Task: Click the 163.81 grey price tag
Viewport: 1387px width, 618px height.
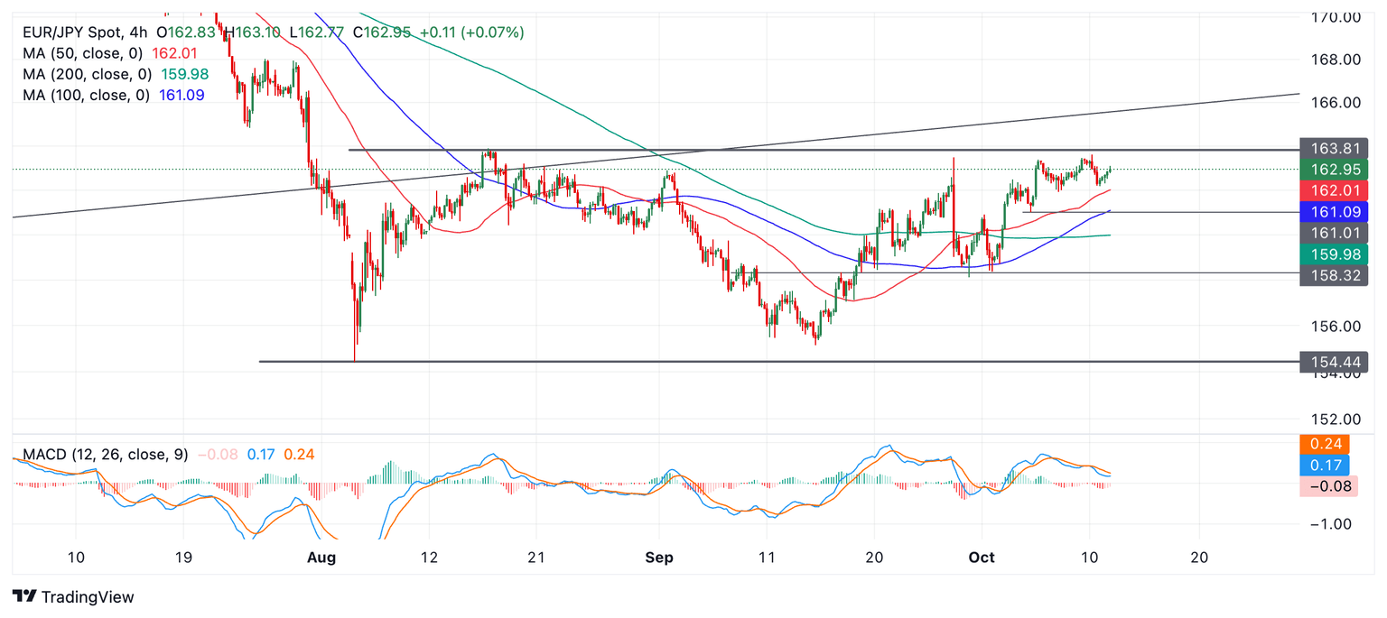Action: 1333,149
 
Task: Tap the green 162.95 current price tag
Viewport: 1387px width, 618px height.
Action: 1333,170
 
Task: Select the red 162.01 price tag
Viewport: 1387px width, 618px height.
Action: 1333,190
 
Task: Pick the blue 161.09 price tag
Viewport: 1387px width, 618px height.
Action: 1333,212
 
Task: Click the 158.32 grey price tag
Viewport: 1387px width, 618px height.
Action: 1333,275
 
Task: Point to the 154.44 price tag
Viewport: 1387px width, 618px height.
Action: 1333,363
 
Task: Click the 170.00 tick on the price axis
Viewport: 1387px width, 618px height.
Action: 1336,16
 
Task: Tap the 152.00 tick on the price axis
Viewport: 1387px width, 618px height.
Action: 1336,420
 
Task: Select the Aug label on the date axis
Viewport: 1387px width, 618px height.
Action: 321,558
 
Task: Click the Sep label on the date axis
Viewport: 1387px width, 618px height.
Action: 660,558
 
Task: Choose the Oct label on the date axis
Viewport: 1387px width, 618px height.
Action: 982,558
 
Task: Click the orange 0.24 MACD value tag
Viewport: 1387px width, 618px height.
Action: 1325,444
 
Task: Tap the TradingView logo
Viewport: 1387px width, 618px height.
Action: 74,597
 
